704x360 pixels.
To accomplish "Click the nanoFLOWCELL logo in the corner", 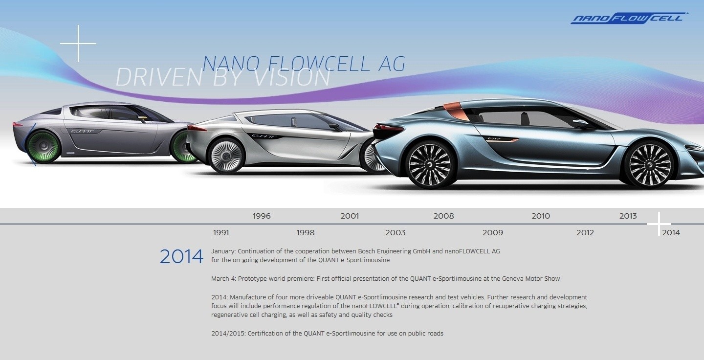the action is (629, 18).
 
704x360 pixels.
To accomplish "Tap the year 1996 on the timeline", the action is (262, 216).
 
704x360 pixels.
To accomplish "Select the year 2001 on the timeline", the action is (350, 216).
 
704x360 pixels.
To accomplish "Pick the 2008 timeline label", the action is (443, 216).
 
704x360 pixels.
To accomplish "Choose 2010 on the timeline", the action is (541, 216).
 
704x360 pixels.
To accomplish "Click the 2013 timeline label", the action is (628, 216).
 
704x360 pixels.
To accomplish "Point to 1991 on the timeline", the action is (221, 233).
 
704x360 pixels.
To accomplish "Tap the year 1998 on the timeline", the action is (305, 233).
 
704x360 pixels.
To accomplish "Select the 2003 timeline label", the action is (396, 233).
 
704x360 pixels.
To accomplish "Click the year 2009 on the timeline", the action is (492, 233).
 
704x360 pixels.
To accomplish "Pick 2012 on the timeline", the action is (585, 233).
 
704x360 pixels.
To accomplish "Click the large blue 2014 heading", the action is (181, 257).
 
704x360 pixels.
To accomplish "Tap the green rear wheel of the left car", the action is (43, 147).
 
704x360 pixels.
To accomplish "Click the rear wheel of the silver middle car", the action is (227, 156).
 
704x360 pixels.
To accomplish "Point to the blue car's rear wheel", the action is (430, 164).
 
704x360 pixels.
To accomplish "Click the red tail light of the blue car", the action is (389, 128).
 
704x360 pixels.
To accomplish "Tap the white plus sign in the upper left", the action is (78, 44).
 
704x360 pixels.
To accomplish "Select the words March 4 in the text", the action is (223, 279).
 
